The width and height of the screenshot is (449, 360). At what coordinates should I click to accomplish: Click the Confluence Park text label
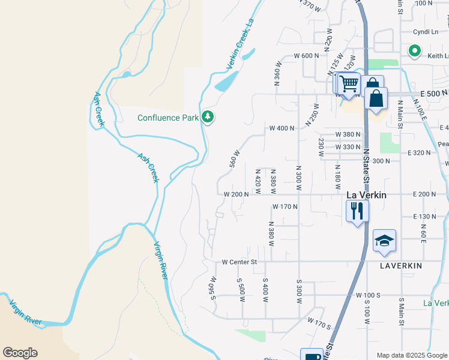(x=167, y=118)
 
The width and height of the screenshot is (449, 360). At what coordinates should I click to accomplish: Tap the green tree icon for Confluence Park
(x=208, y=116)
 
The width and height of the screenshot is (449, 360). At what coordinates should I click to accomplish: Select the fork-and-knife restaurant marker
(x=357, y=211)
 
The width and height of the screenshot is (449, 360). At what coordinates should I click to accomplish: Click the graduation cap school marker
(x=384, y=242)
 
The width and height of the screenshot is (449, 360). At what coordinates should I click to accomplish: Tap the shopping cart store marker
(x=348, y=83)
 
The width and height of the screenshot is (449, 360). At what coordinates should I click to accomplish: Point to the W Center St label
(x=239, y=262)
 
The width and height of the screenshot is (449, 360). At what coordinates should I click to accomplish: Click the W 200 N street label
(x=236, y=194)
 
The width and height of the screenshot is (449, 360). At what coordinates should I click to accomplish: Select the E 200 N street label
(x=426, y=194)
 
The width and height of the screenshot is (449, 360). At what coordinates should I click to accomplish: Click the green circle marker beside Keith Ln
(x=414, y=52)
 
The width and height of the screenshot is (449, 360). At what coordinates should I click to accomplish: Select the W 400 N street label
(x=282, y=128)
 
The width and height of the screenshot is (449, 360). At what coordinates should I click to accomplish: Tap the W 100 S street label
(x=368, y=296)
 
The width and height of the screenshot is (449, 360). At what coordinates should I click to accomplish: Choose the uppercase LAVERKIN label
(x=402, y=265)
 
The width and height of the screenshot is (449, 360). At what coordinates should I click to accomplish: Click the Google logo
(x=20, y=353)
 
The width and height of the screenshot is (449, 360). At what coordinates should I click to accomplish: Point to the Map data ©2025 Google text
(x=411, y=355)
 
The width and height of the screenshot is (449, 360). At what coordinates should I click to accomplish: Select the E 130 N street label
(x=424, y=217)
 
